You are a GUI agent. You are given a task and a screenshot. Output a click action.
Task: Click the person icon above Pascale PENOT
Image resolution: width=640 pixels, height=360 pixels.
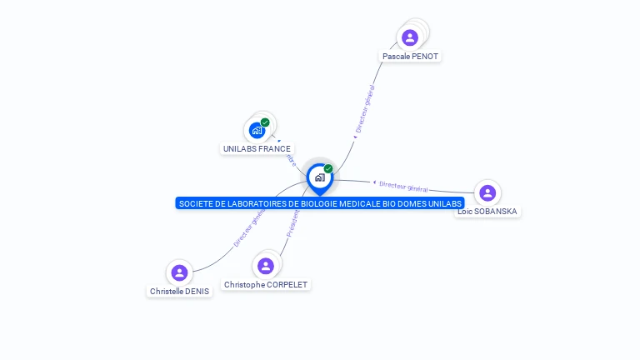pos(409,37)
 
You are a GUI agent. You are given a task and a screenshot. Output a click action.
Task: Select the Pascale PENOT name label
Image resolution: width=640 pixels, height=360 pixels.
pos(410,57)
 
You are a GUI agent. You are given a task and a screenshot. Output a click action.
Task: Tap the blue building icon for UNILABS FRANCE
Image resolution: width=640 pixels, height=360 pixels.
pos(257,131)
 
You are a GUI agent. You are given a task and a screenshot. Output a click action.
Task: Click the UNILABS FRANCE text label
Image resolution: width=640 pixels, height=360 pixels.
pos(257,149)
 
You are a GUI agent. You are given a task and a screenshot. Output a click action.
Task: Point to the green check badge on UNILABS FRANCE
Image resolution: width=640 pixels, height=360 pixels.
pos(265,122)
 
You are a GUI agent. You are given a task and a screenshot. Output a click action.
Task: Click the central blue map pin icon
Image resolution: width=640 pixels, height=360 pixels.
pos(319,177)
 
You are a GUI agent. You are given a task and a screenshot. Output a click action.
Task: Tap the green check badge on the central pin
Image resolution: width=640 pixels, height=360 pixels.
pos(328,169)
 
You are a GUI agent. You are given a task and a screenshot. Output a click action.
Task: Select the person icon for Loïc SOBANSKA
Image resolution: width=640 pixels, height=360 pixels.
pos(487,193)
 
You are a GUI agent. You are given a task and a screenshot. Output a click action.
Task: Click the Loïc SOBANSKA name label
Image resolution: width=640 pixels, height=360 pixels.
pos(487,212)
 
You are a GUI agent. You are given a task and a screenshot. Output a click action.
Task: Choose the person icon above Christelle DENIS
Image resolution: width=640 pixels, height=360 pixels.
pos(178,272)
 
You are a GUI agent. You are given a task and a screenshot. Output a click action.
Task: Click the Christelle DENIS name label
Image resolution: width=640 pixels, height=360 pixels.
pos(179,292)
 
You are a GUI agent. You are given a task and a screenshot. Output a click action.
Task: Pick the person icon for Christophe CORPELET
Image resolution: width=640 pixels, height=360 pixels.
pos(266,266)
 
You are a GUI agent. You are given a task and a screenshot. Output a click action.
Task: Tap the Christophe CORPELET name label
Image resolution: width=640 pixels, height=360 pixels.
pos(266,285)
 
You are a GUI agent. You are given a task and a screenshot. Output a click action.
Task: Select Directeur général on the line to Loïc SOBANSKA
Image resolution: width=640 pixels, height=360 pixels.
pos(403,186)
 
